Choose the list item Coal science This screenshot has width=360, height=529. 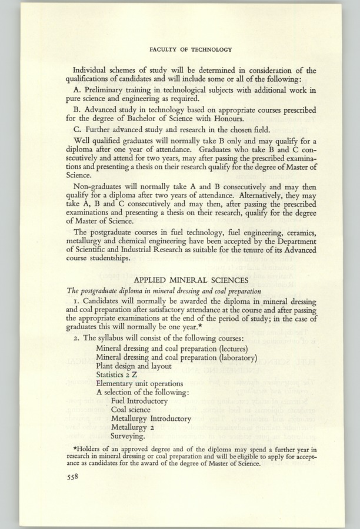point(131,410)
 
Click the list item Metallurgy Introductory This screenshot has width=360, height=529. point(151,418)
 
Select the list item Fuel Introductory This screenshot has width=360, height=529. point(139,401)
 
